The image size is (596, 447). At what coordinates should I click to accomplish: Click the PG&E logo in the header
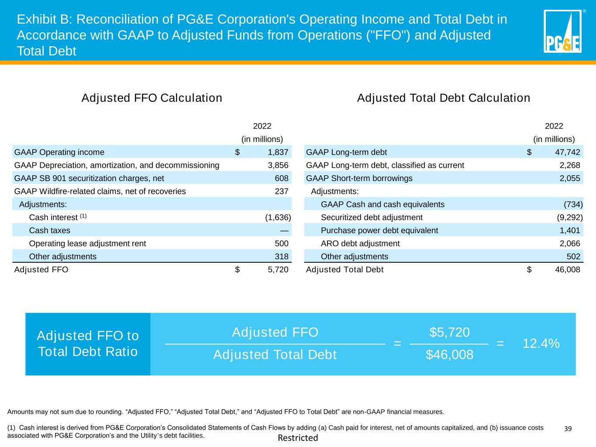pyautogui.click(x=562, y=31)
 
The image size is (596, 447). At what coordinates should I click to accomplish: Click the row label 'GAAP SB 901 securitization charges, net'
pyautogui.click(x=89, y=178)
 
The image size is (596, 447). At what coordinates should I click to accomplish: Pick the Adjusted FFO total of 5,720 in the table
pyautogui.click(x=278, y=270)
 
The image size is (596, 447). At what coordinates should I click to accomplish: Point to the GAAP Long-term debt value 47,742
pyautogui.click(x=567, y=152)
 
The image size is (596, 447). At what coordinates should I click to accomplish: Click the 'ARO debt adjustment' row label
pyautogui.click(x=360, y=244)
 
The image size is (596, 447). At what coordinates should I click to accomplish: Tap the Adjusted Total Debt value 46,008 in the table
pyautogui.click(x=567, y=270)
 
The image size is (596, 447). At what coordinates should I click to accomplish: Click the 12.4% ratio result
pyautogui.click(x=541, y=344)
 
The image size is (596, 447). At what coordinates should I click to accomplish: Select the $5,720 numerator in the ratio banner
pyautogui.click(x=449, y=333)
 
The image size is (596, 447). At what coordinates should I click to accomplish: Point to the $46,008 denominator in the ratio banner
pyautogui.click(x=449, y=355)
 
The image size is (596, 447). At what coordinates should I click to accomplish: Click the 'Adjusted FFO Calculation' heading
pyautogui.click(x=152, y=98)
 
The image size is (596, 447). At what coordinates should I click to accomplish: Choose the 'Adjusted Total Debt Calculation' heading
pyautogui.click(x=444, y=98)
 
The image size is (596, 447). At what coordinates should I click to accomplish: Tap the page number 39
pyautogui.click(x=568, y=429)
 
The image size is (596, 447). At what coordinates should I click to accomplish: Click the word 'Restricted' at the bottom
pyautogui.click(x=298, y=438)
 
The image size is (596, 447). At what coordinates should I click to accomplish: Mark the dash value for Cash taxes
pyautogui.click(x=284, y=230)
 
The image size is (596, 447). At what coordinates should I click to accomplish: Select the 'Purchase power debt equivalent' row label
pyautogui.click(x=379, y=230)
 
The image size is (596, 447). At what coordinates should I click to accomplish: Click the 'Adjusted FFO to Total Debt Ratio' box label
pyautogui.click(x=88, y=344)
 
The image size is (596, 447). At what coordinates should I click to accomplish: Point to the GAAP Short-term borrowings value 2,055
pyautogui.click(x=570, y=178)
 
